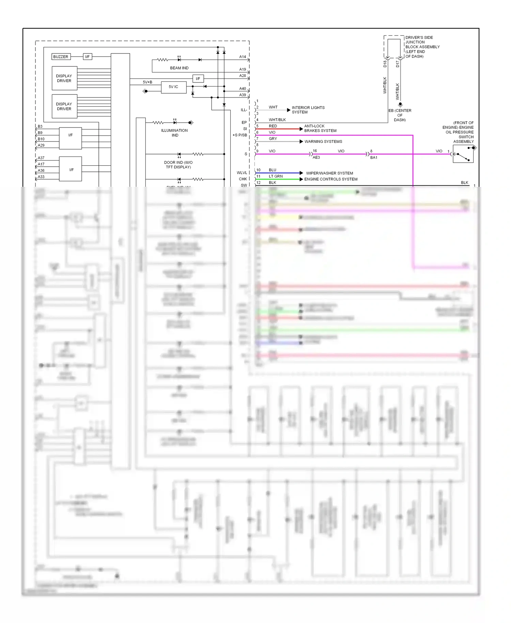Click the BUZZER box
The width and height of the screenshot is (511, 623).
pos(61,57)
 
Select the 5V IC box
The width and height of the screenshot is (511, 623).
pos(173,87)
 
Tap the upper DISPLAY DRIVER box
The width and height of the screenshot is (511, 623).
pos(64,78)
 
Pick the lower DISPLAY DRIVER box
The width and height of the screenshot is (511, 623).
pos(64,106)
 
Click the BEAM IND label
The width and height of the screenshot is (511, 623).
pos(179,68)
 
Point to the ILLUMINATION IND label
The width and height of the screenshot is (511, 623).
pos(174,133)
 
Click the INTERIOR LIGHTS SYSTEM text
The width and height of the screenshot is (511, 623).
pos(308,110)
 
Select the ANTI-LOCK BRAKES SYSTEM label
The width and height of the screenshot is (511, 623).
pos(320,128)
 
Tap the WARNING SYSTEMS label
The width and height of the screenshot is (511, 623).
pos(323,141)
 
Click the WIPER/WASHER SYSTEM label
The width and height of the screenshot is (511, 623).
pos(329,173)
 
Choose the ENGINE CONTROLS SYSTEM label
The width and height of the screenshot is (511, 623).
pos(330,179)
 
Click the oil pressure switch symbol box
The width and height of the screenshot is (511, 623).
pos(463,154)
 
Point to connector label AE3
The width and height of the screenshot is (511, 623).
pos(316,157)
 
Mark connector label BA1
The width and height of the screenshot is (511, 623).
pos(374,157)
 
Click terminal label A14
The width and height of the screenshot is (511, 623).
pos(242,57)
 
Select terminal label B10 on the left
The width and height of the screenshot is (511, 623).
pos(41,139)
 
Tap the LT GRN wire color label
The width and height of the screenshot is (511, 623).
pos(276,176)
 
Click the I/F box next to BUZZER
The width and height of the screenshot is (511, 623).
pos(88,57)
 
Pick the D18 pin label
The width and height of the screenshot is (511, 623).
pos(385,64)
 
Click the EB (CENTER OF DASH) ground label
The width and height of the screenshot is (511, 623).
pos(400,115)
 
